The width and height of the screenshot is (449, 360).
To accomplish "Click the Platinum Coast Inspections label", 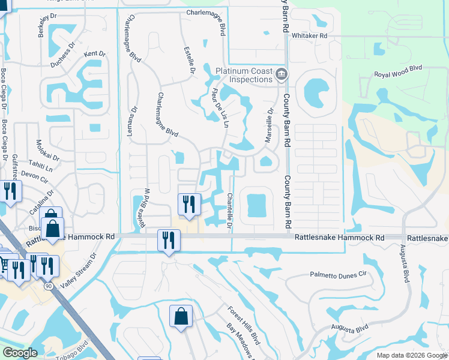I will click(x=244, y=75).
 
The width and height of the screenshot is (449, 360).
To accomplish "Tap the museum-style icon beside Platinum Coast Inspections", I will click(x=282, y=75).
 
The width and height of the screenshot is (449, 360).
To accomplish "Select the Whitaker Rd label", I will click(x=309, y=36).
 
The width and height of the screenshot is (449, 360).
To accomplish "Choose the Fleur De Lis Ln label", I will click(x=220, y=108).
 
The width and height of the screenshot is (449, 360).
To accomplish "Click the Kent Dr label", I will click(x=94, y=54).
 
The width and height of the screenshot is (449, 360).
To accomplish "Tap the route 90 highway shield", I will click(x=49, y=286).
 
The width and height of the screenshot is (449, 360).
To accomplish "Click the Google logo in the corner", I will click(x=20, y=353).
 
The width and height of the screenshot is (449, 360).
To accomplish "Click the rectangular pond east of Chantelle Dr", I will click(x=255, y=205).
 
